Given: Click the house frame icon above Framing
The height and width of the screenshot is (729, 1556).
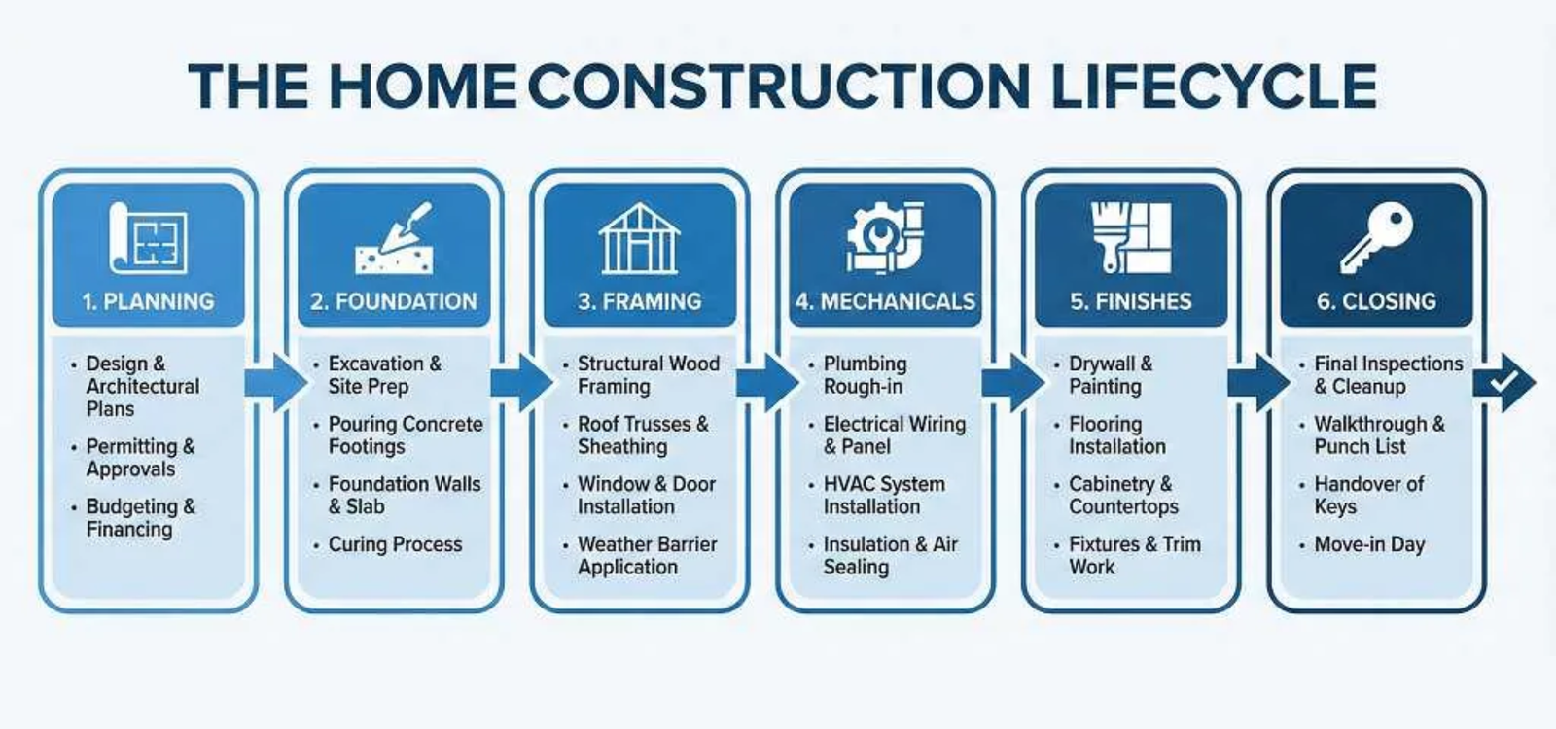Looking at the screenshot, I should (639, 238).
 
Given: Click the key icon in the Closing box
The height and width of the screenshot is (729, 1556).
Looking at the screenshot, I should (1375, 238).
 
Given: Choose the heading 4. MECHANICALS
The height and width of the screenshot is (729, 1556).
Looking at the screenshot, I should (885, 301).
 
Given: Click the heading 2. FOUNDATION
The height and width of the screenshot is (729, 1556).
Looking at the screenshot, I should (394, 301).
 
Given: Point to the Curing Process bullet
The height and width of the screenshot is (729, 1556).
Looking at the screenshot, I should (395, 544).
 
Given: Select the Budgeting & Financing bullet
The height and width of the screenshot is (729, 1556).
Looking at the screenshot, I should (140, 517).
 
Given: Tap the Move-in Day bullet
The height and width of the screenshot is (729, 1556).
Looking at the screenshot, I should (1368, 544).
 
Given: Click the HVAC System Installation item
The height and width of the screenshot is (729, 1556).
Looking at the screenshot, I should (883, 495).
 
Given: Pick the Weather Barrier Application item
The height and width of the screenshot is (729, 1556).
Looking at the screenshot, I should (647, 555).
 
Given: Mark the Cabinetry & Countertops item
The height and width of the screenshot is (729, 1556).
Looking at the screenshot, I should (1123, 495).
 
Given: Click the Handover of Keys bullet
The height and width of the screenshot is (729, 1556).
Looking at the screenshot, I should (1367, 495).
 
